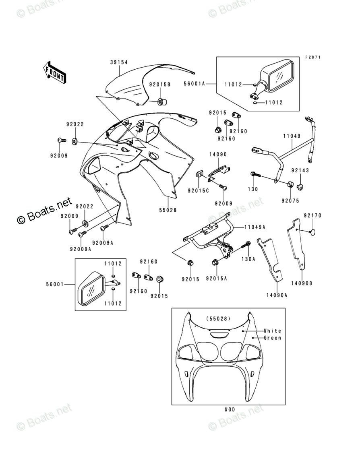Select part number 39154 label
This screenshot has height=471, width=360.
point(119,62)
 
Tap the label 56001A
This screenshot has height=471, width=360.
point(195,84)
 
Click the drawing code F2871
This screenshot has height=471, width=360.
point(312,58)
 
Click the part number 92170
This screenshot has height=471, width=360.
point(312,216)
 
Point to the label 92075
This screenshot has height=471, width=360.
point(290,200)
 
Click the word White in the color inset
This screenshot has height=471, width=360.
point(272,331)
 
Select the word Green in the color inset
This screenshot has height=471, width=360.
point(272,338)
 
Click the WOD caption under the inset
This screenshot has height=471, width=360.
point(230,409)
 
